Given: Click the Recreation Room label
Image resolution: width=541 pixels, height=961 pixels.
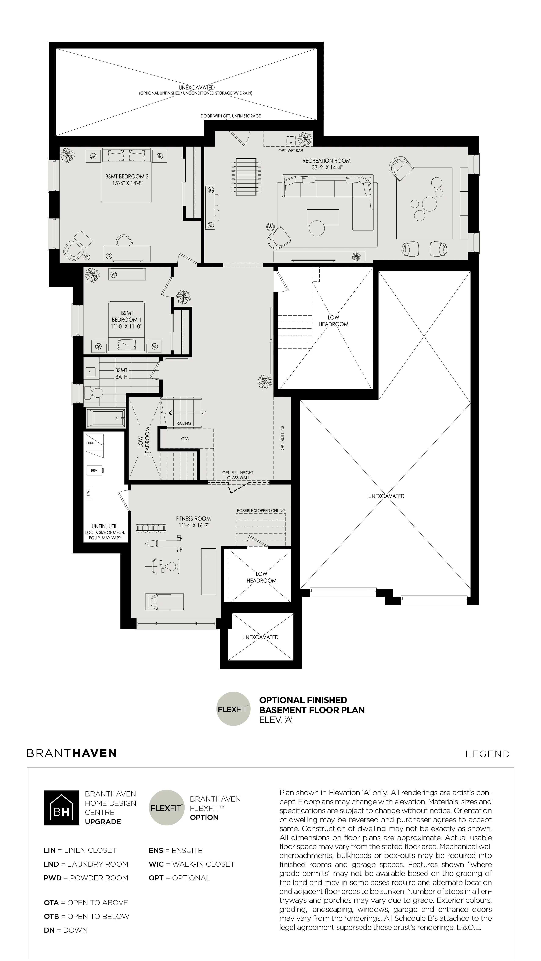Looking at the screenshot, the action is click(326, 161).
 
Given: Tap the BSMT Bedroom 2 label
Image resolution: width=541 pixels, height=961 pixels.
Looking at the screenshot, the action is click(127, 176).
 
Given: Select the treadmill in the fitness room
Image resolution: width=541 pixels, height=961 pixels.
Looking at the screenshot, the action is click(164, 602).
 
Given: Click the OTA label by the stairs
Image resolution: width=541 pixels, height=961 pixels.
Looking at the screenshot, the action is click(185, 439).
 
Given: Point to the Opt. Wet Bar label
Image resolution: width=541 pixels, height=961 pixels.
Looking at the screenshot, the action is click(290, 151).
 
